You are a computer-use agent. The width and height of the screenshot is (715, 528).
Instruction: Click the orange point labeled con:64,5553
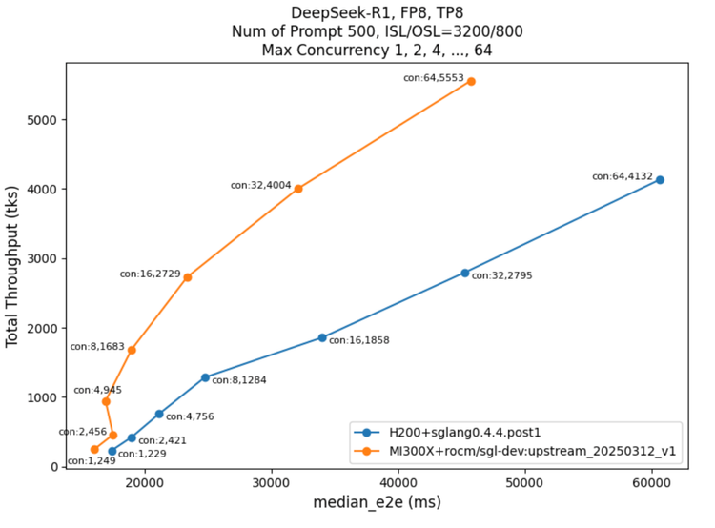(471, 82)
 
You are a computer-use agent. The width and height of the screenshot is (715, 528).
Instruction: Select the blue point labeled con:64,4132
(660, 180)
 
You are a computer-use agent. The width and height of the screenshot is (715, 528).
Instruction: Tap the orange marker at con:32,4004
(298, 189)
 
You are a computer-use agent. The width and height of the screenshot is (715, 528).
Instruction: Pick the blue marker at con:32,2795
(465, 273)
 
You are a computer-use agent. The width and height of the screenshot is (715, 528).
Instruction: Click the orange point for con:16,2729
(188, 277)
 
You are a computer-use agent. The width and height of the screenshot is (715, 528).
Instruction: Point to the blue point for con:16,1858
(322, 337)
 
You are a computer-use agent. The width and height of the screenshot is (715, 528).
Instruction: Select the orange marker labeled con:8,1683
(132, 350)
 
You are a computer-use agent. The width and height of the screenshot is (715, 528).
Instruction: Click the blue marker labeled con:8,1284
(205, 377)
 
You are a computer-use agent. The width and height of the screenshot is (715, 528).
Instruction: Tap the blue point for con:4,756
(159, 414)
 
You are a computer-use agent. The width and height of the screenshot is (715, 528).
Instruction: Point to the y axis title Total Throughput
(13, 266)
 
